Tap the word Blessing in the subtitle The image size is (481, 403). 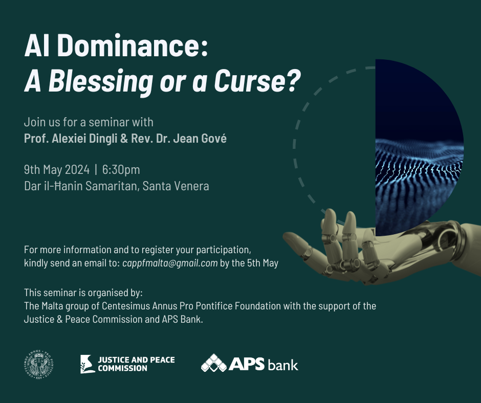pos(101,81)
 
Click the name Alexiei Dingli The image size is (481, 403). pos(84,139)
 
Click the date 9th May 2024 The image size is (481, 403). pos(57,170)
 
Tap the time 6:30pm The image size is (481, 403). pos(121,170)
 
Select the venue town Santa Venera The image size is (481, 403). pos(176,186)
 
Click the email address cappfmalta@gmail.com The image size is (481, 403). pos(170,263)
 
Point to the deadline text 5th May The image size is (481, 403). pos(263,263)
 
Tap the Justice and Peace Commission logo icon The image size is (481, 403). pos(87,364)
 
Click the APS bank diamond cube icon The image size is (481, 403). pos(214,363)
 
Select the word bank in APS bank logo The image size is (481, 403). pos(282,365)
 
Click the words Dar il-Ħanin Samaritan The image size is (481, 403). pos(80,186)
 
